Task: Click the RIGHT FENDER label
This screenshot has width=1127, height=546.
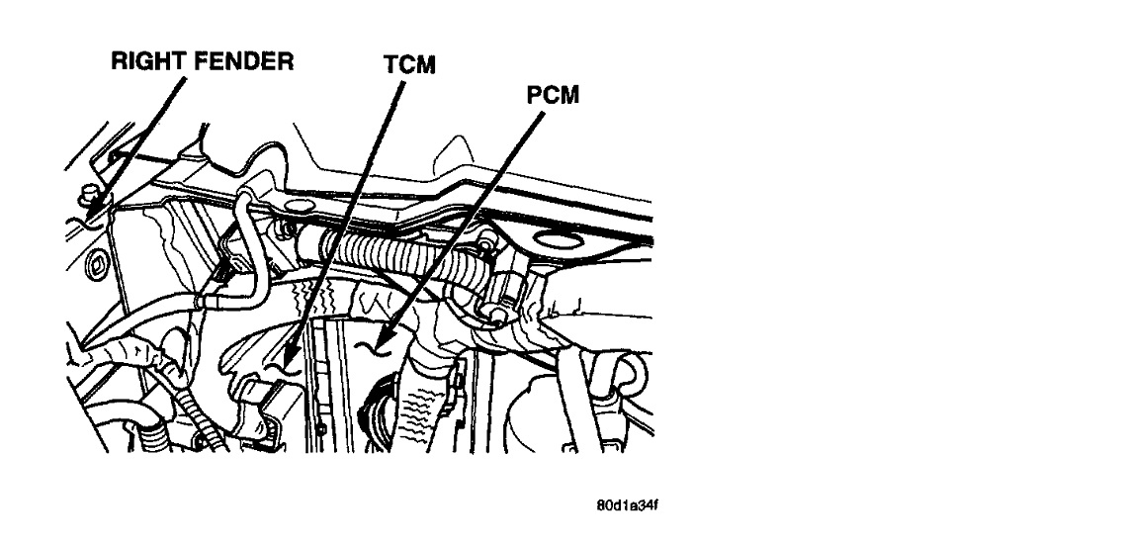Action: point(202,62)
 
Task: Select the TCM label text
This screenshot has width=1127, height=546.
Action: point(409,65)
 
